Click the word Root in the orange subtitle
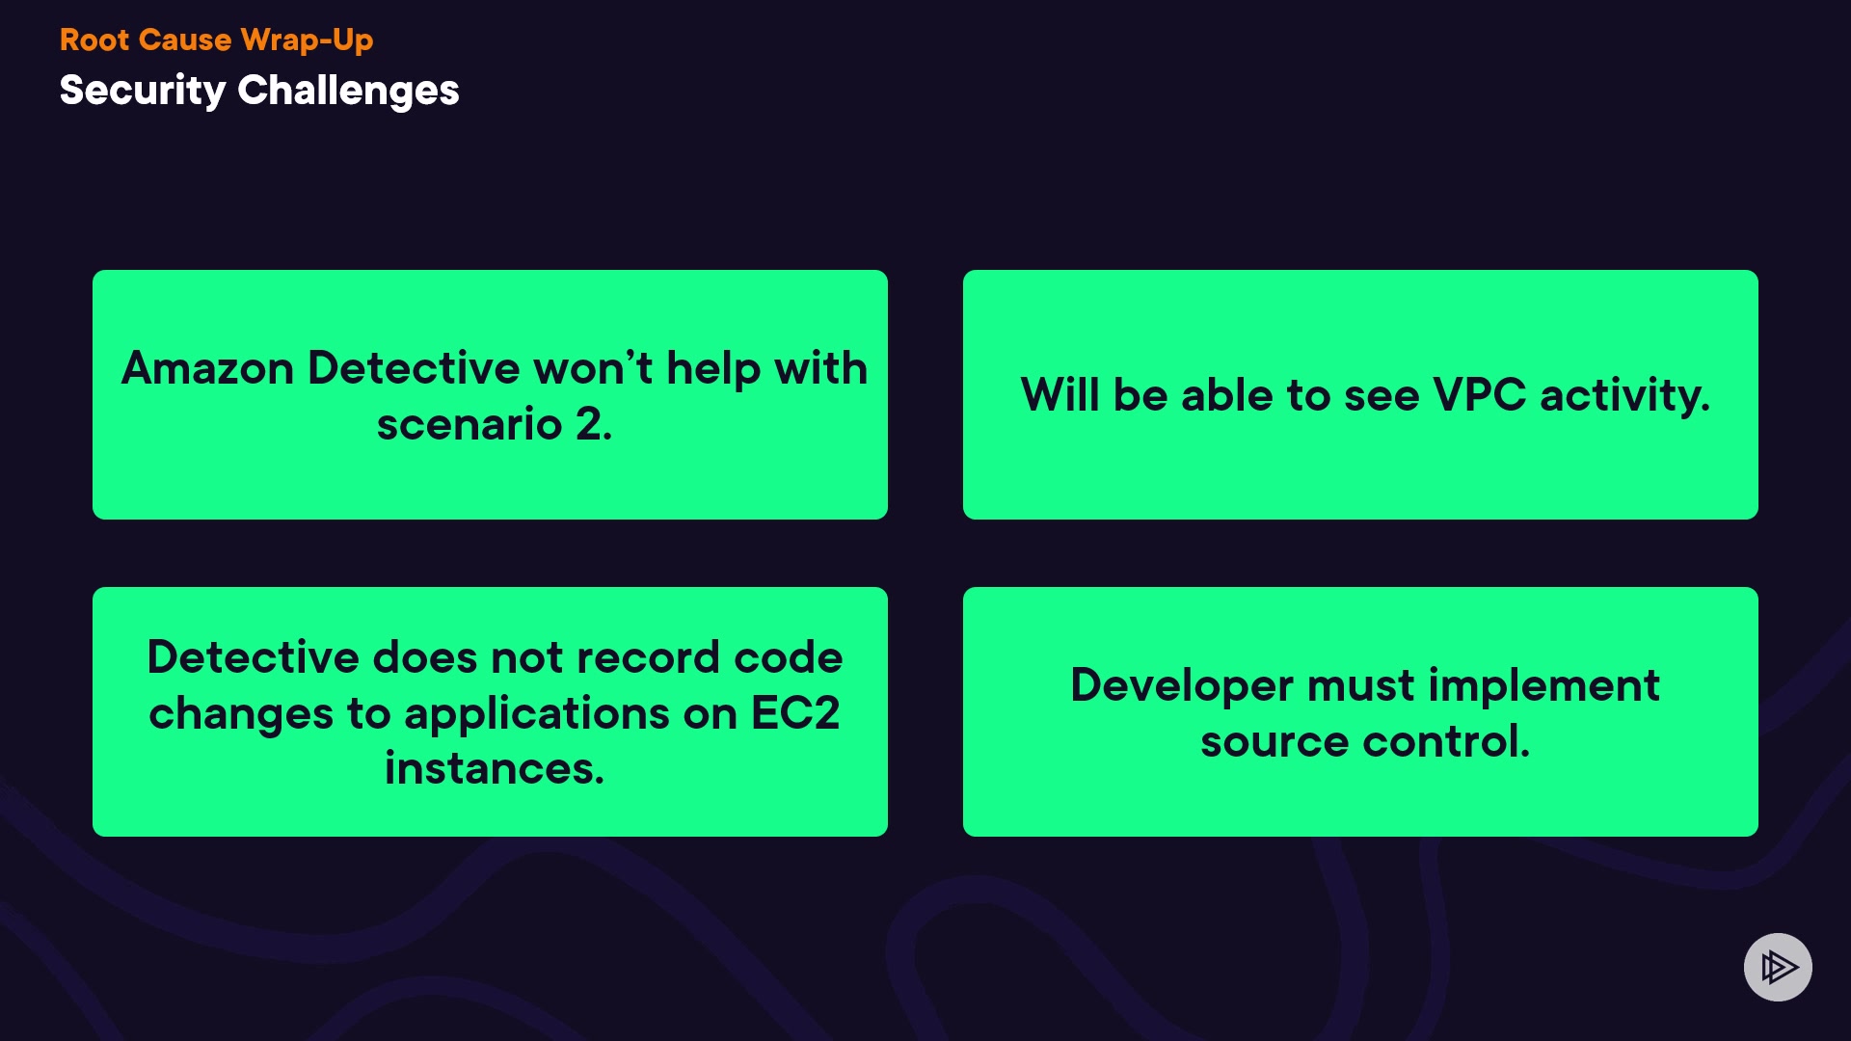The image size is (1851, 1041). pos(94,40)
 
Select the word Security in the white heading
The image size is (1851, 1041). pos(142,92)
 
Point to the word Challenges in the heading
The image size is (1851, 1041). pos(348,92)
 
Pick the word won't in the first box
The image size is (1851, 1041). pos(593,368)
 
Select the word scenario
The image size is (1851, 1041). pos(469,424)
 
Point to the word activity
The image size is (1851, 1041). pos(1625,396)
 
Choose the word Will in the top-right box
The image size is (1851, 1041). pos(1060,395)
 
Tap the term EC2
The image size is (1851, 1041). pos(795,713)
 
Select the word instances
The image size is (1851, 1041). pos(495,768)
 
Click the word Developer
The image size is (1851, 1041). pos(1182,686)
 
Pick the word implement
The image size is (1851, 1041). pos(1543,686)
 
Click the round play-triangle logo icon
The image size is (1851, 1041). pos(1778,967)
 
